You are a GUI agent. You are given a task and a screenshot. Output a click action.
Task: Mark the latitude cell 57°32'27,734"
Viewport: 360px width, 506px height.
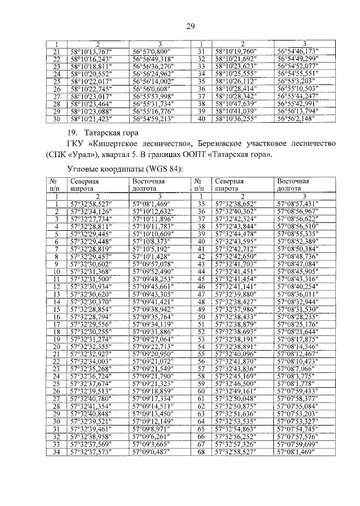(92, 219)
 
